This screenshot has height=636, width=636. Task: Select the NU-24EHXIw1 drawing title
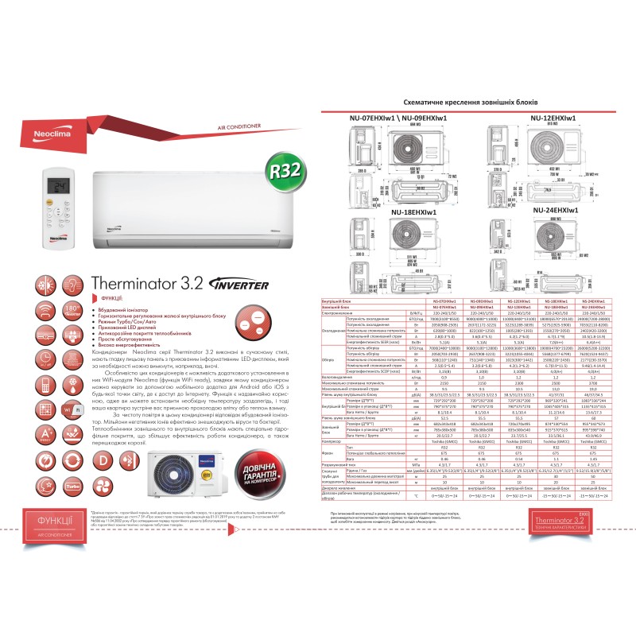(560, 209)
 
